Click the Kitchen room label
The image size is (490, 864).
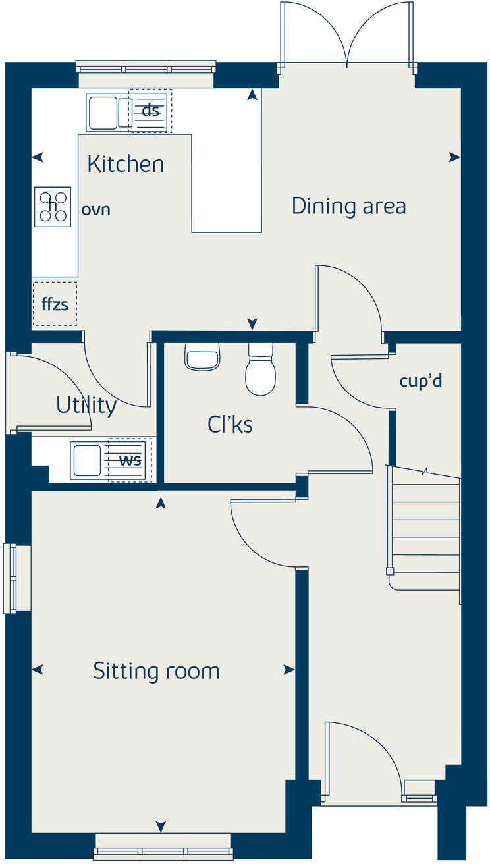click(125, 164)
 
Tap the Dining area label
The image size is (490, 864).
click(348, 206)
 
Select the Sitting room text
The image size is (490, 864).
click(156, 672)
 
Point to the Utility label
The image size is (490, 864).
click(86, 406)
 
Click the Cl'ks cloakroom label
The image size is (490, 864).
click(230, 425)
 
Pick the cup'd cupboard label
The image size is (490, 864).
click(420, 381)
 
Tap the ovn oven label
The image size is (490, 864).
click(95, 210)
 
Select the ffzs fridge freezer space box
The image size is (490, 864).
click(55, 304)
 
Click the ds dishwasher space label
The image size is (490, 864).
click(151, 111)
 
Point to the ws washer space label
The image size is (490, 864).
click(130, 460)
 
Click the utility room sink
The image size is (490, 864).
click(87, 460)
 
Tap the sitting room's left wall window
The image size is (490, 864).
click(11, 578)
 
